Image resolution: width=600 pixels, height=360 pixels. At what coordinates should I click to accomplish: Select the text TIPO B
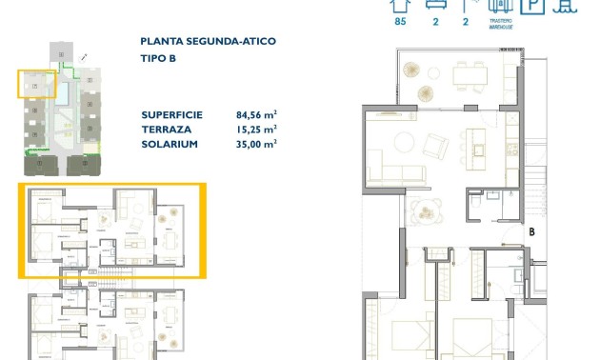pyautogui.click(x=158, y=58)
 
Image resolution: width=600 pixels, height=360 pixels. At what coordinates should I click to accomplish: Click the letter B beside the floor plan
pyautogui.click(x=532, y=230)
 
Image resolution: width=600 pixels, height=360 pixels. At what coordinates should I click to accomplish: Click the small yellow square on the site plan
pyautogui.click(x=35, y=85)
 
